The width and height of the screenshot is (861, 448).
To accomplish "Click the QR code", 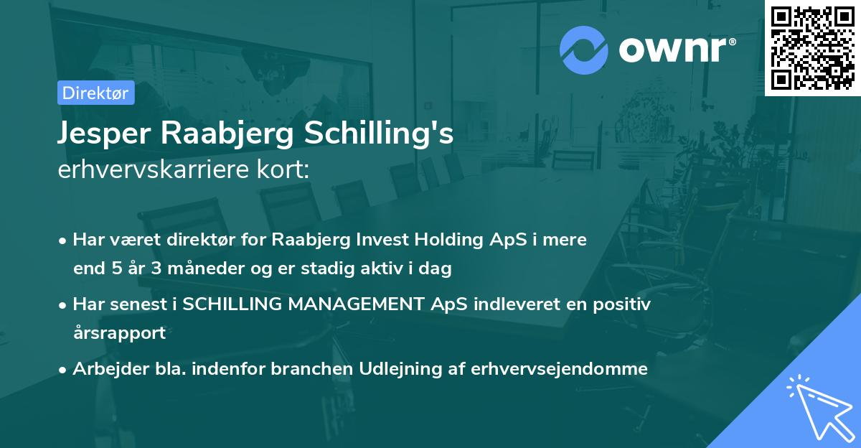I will [812, 47].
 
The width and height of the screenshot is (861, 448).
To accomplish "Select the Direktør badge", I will [96, 93].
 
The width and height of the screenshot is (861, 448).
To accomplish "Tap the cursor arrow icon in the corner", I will [817, 406].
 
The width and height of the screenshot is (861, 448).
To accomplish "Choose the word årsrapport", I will [119, 333].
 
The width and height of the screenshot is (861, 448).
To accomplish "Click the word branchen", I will [316, 369].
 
